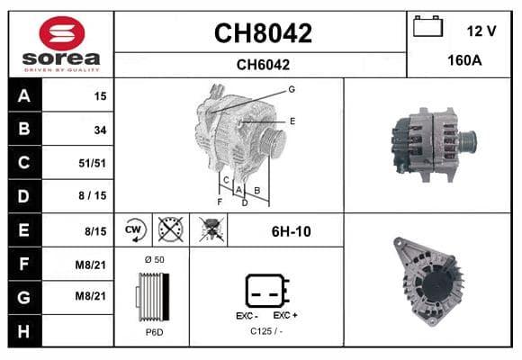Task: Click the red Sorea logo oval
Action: (62, 33)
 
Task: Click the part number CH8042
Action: (263, 33)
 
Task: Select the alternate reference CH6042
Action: (263, 65)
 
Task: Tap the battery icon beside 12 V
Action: (427, 26)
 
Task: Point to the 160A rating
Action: (464, 60)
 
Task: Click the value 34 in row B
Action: (100, 130)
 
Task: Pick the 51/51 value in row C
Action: (92, 163)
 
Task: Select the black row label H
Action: (24, 331)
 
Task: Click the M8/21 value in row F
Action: (91, 265)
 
